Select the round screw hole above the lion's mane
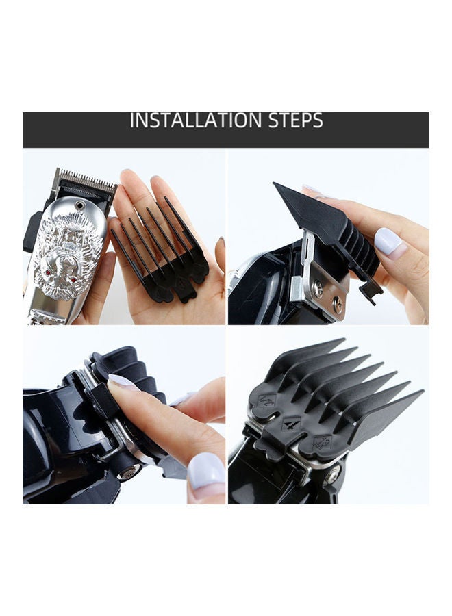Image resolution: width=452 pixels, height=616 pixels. pyautogui.click(x=80, y=205)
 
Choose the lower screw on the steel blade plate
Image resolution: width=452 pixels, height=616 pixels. pyautogui.click(x=336, y=302)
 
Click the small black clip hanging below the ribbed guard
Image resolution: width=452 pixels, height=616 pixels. pyautogui.click(x=370, y=293)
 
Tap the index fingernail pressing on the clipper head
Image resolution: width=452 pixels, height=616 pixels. pyautogui.click(x=124, y=382)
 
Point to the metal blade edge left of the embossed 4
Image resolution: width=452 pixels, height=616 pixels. pyautogui.click(x=258, y=433)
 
